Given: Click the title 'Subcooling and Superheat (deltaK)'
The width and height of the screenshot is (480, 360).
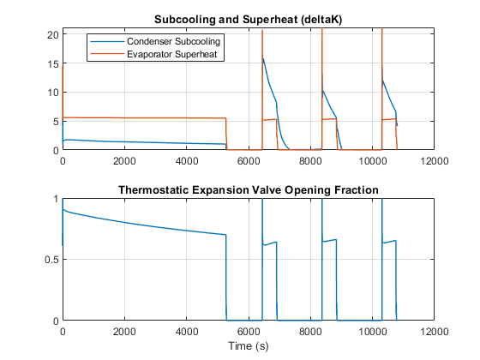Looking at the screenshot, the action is (248, 20).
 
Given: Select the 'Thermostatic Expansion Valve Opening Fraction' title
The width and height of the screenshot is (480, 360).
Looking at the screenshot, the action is (249, 190).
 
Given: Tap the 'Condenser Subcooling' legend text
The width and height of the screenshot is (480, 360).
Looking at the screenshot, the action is (173, 41).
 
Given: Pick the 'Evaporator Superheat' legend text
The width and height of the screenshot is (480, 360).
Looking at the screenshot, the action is (171, 54).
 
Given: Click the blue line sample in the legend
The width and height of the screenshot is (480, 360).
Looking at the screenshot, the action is (107, 41).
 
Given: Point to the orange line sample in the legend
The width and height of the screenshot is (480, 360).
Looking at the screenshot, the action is (107, 54).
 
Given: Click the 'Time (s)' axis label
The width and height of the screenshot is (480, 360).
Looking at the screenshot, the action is (249, 346).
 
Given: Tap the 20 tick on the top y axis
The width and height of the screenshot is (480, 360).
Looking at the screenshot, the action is (52, 34).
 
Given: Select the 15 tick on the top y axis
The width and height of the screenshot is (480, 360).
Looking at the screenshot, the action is (52, 64).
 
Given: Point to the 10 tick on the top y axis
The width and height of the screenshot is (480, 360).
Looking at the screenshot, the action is (52, 93).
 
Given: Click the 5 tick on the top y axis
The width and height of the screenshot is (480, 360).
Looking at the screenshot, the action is (56, 122).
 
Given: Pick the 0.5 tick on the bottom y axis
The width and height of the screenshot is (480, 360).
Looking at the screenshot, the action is (51, 260).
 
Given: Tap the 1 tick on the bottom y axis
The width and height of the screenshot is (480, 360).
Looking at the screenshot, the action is (56, 199).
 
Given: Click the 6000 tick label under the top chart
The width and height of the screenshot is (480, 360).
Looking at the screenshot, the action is (249, 161).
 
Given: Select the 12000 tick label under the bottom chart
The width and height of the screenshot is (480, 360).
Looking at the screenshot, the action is (435, 331).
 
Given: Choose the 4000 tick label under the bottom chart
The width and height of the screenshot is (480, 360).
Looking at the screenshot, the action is (187, 331).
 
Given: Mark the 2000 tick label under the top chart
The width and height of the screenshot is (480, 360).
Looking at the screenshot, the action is (124, 161).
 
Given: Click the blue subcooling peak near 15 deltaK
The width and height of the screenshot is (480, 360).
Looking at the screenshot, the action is (263, 58).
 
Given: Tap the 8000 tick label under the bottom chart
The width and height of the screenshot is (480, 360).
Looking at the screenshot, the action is (310, 331).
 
